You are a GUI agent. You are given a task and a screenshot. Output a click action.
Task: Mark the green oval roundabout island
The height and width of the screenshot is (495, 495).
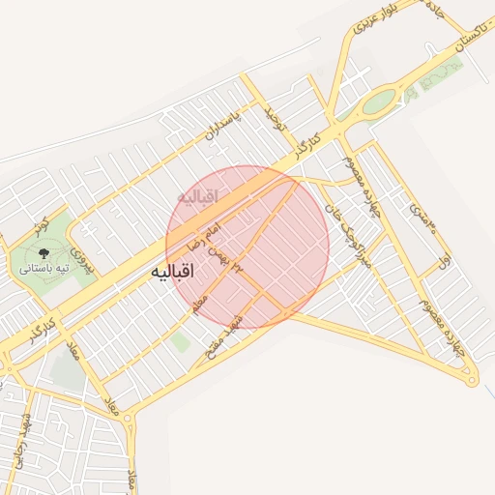(379, 101)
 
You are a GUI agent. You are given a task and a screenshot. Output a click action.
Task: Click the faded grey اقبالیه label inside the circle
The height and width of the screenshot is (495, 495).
(199, 196)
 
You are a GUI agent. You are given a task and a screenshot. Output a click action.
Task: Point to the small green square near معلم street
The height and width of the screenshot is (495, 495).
(180, 341)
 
